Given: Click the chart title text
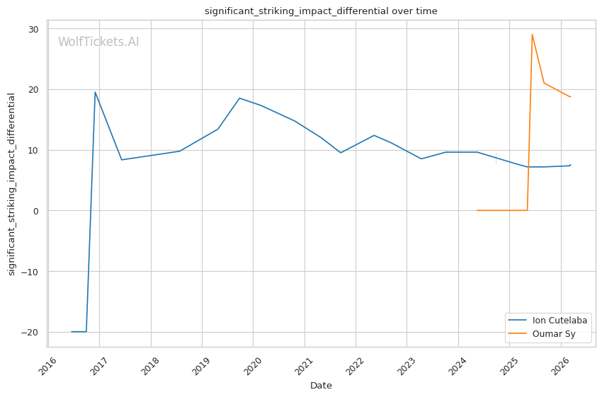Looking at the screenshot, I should tap(321, 11).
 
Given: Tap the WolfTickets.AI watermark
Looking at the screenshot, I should tap(98, 42).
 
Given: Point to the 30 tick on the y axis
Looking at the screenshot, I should tap(34, 29).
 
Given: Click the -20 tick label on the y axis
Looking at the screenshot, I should tap(31, 332).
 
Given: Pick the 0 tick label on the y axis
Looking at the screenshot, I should tap(37, 211).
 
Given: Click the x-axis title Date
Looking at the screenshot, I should tap(321, 386).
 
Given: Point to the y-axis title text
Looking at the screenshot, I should tap(12, 184).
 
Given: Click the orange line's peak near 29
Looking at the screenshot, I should tap(532, 35).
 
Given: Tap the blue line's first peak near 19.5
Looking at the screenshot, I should tap(95, 92).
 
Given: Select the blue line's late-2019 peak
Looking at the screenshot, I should tap(239, 98).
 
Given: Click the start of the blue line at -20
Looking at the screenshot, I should tap(72, 332).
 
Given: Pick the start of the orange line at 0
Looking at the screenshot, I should tap(477, 210).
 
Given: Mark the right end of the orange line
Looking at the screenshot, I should tap(570, 97).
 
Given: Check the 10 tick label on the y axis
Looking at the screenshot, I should tap(34, 150).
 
